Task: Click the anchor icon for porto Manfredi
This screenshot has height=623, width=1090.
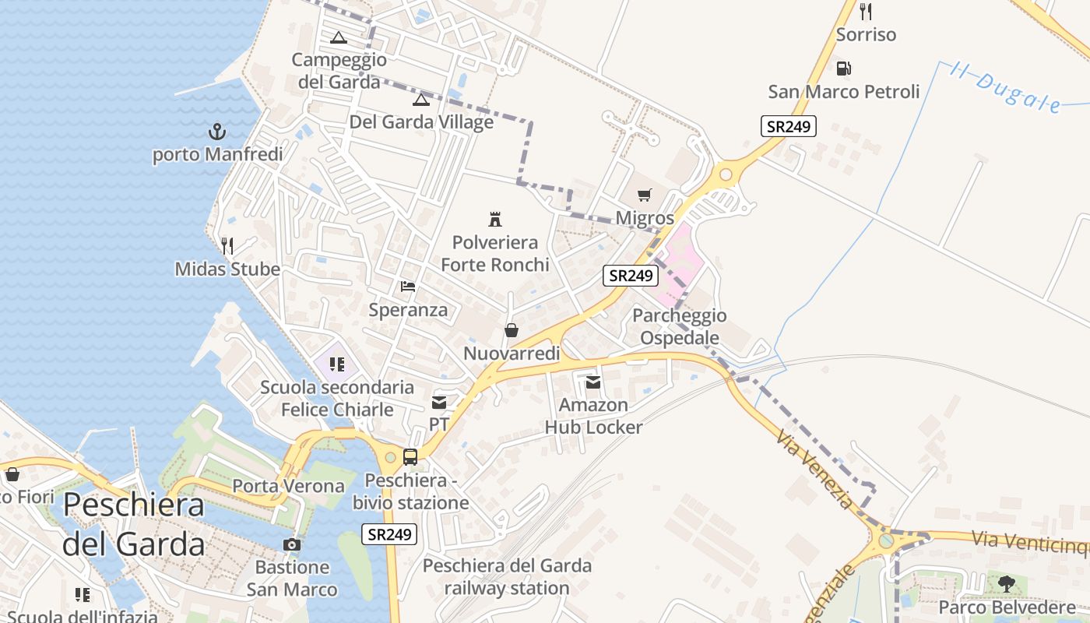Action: point(216,132)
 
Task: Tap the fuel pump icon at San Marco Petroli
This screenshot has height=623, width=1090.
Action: point(843,69)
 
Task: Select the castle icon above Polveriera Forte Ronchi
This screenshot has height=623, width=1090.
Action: point(494,219)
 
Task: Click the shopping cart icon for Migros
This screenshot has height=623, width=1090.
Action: point(644,195)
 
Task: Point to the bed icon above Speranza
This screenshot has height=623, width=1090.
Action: point(408,287)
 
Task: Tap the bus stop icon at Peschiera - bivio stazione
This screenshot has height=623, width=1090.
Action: point(410,457)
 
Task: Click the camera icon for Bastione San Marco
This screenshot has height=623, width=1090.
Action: point(292,544)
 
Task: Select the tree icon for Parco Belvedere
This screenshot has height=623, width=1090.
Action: point(1007,583)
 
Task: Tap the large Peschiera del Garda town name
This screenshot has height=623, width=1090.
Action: point(134,523)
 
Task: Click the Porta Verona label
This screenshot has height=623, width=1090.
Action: point(288,486)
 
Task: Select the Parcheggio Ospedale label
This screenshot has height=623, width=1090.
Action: point(679,327)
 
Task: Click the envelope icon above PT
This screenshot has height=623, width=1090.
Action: point(439,403)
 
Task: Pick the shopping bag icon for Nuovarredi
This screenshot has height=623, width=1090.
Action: point(512,330)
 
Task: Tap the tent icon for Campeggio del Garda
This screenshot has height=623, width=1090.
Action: point(339,37)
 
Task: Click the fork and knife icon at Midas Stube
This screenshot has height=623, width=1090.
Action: point(227,246)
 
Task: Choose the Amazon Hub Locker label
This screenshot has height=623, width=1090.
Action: point(593,416)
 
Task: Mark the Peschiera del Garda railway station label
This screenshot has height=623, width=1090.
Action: point(507,576)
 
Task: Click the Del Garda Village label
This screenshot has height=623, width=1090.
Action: point(421,122)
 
